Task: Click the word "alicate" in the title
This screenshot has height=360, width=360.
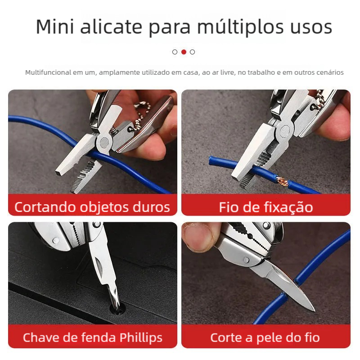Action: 111,27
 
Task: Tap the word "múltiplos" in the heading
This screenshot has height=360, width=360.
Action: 240,27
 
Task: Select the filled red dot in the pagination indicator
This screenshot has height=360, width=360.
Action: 184,52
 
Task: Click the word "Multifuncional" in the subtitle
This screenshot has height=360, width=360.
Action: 48,72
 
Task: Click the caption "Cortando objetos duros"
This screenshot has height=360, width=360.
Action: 92,207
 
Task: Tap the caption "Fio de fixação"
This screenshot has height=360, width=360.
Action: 265,207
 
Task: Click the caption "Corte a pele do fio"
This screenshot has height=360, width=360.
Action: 265,338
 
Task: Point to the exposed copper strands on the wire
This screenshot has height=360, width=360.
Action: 282,181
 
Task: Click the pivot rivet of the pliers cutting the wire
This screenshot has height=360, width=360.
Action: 104,143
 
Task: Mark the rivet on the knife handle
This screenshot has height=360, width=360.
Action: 246,260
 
